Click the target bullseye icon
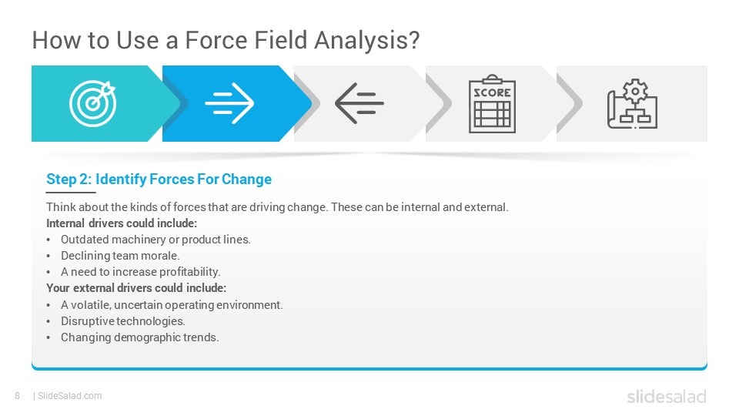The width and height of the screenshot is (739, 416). pyautogui.click(x=93, y=103)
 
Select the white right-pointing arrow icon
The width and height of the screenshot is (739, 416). pyautogui.click(x=229, y=103)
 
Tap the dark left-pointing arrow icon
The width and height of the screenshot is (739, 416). pyautogui.click(x=359, y=103)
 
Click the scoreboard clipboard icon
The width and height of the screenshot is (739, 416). pyautogui.click(x=492, y=104)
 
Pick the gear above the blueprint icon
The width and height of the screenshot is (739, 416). pyautogui.click(x=635, y=91)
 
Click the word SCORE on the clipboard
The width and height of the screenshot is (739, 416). pyautogui.click(x=492, y=92)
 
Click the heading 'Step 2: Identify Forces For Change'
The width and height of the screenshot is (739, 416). pyautogui.click(x=159, y=179)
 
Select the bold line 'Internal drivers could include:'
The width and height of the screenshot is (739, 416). pyautogui.click(x=122, y=223)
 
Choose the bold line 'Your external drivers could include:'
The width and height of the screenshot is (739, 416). pyautogui.click(x=136, y=287)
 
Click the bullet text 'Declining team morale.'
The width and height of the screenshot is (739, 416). pyautogui.click(x=120, y=256)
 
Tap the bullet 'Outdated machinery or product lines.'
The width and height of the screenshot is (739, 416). pyautogui.click(x=155, y=240)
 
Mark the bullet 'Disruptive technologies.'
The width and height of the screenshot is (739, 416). pyautogui.click(x=123, y=321)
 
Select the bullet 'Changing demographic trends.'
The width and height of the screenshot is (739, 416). pyautogui.click(x=140, y=337)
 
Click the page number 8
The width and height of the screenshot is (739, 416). pyautogui.click(x=18, y=396)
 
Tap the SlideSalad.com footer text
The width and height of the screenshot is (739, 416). pyautogui.click(x=69, y=396)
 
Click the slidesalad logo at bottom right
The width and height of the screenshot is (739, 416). pyautogui.click(x=667, y=396)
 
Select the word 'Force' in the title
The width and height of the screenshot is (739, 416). pyautogui.click(x=216, y=40)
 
